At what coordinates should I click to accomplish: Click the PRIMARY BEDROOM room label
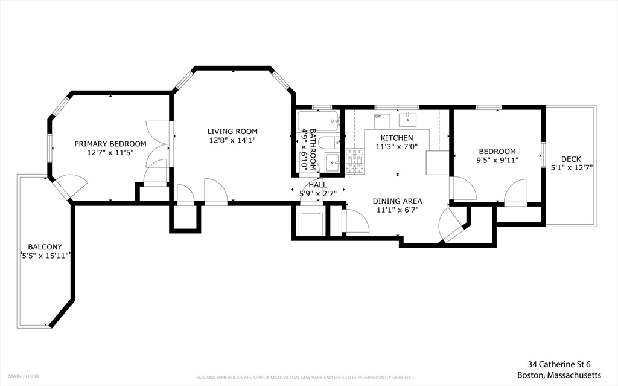click(110, 144)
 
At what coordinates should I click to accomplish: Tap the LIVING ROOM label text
click(232, 132)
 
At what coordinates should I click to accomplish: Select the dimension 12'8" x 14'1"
click(232, 140)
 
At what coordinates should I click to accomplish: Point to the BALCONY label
click(45, 247)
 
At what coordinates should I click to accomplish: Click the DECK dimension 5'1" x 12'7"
click(572, 168)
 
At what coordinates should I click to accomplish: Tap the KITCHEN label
click(397, 138)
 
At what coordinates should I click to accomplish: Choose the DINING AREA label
click(397, 201)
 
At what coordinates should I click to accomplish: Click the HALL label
click(317, 185)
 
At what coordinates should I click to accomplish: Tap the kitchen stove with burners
click(355, 161)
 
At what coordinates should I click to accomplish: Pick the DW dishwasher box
click(382, 121)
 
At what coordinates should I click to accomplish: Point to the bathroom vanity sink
click(333, 162)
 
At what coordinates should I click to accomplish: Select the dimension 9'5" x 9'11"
click(497, 160)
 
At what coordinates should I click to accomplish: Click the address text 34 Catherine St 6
click(559, 364)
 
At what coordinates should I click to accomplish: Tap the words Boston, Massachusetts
click(559, 375)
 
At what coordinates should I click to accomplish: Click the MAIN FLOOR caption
click(24, 376)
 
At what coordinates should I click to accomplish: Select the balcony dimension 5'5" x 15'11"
click(45, 256)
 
